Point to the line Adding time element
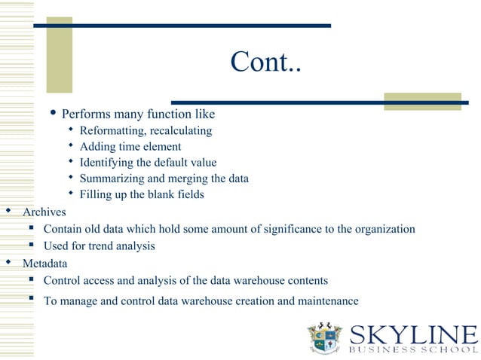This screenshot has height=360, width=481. pyautogui.click(x=130, y=147)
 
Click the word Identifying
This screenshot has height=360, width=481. pyautogui.click(x=107, y=163)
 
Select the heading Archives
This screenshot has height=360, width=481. pyautogui.click(x=44, y=212)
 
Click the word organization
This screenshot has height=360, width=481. pyautogui.click(x=381, y=229)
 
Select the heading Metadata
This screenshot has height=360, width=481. pyautogui.click(x=44, y=264)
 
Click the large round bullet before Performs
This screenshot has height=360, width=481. pyautogui.click(x=53, y=114)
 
